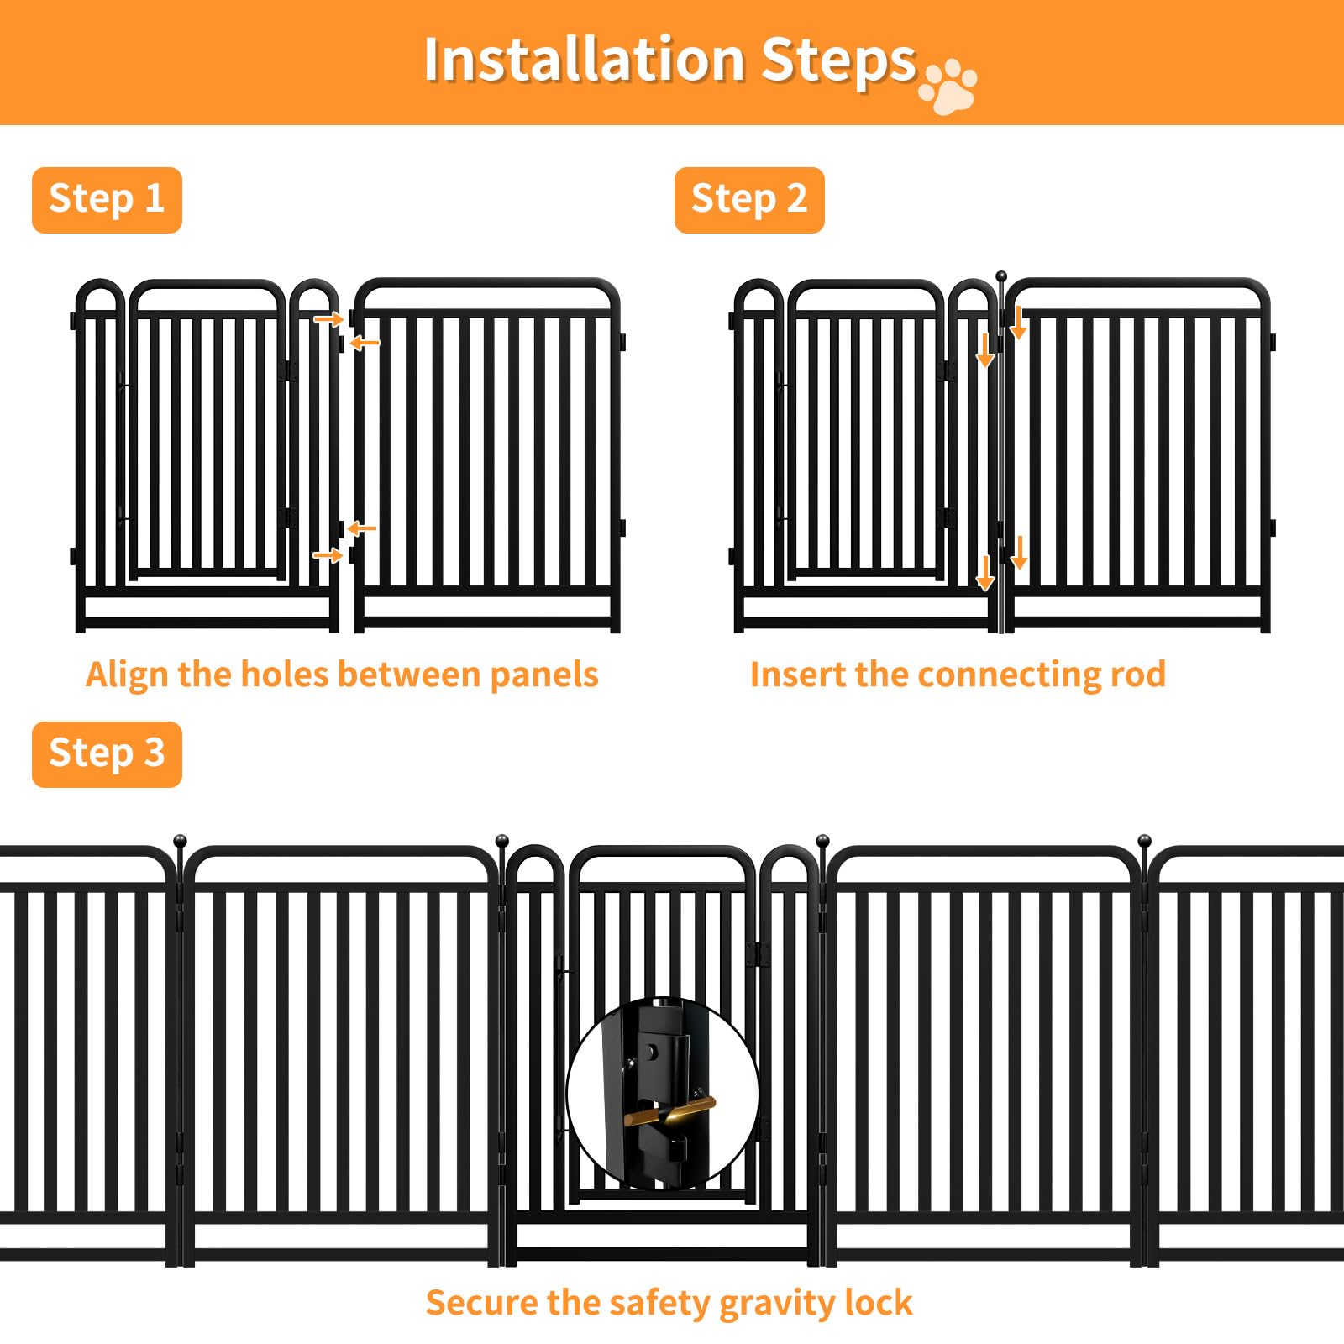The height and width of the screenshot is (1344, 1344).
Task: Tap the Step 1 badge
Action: (x=107, y=200)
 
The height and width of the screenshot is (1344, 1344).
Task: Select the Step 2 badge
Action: (x=749, y=200)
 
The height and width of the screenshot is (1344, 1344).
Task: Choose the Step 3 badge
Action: (x=107, y=754)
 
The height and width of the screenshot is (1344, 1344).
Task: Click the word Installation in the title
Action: (x=585, y=60)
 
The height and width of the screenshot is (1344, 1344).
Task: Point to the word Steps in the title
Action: (x=838, y=62)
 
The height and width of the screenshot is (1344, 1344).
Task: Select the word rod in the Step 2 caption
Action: (x=1137, y=675)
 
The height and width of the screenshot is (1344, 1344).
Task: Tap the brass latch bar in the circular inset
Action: (x=669, y=1110)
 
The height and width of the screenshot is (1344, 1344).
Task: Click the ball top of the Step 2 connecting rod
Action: (x=1001, y=276)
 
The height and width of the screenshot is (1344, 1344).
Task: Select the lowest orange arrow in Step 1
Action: (x=328, y=555)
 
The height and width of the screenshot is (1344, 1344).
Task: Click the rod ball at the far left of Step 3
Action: (x=180, y=841)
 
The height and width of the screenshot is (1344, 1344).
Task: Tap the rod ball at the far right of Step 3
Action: (x=1144, y=841)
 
